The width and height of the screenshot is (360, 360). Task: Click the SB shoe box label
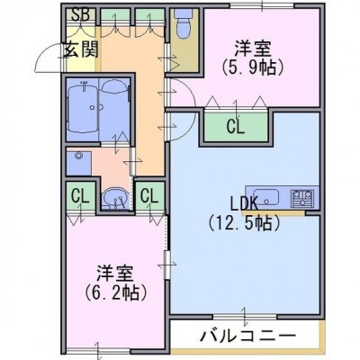(80, 15)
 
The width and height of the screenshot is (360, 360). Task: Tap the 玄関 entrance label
(80, 49)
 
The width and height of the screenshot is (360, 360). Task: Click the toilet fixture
(183, 24)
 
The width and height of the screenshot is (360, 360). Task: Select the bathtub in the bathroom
(82, 109)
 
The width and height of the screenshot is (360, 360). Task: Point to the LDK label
(244, 203)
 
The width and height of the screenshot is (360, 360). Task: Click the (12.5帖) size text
(244, 223)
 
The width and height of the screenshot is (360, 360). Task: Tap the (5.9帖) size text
(253, 68)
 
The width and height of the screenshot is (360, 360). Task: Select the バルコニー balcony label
(247, 335)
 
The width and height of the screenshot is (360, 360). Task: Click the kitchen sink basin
(266, 197)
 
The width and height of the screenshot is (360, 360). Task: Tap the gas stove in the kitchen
(301, 198)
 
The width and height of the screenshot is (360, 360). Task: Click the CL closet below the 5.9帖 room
(236, 127)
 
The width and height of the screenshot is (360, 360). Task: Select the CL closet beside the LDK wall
(149, 196)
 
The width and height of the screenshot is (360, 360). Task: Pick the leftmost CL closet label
(80, 196)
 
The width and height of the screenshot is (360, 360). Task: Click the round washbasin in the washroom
(115, 198)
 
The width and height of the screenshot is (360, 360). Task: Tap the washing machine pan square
(78, 163)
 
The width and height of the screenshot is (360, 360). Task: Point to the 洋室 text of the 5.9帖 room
(252, 49)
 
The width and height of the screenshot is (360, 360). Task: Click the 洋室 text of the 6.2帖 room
(115, 274)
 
